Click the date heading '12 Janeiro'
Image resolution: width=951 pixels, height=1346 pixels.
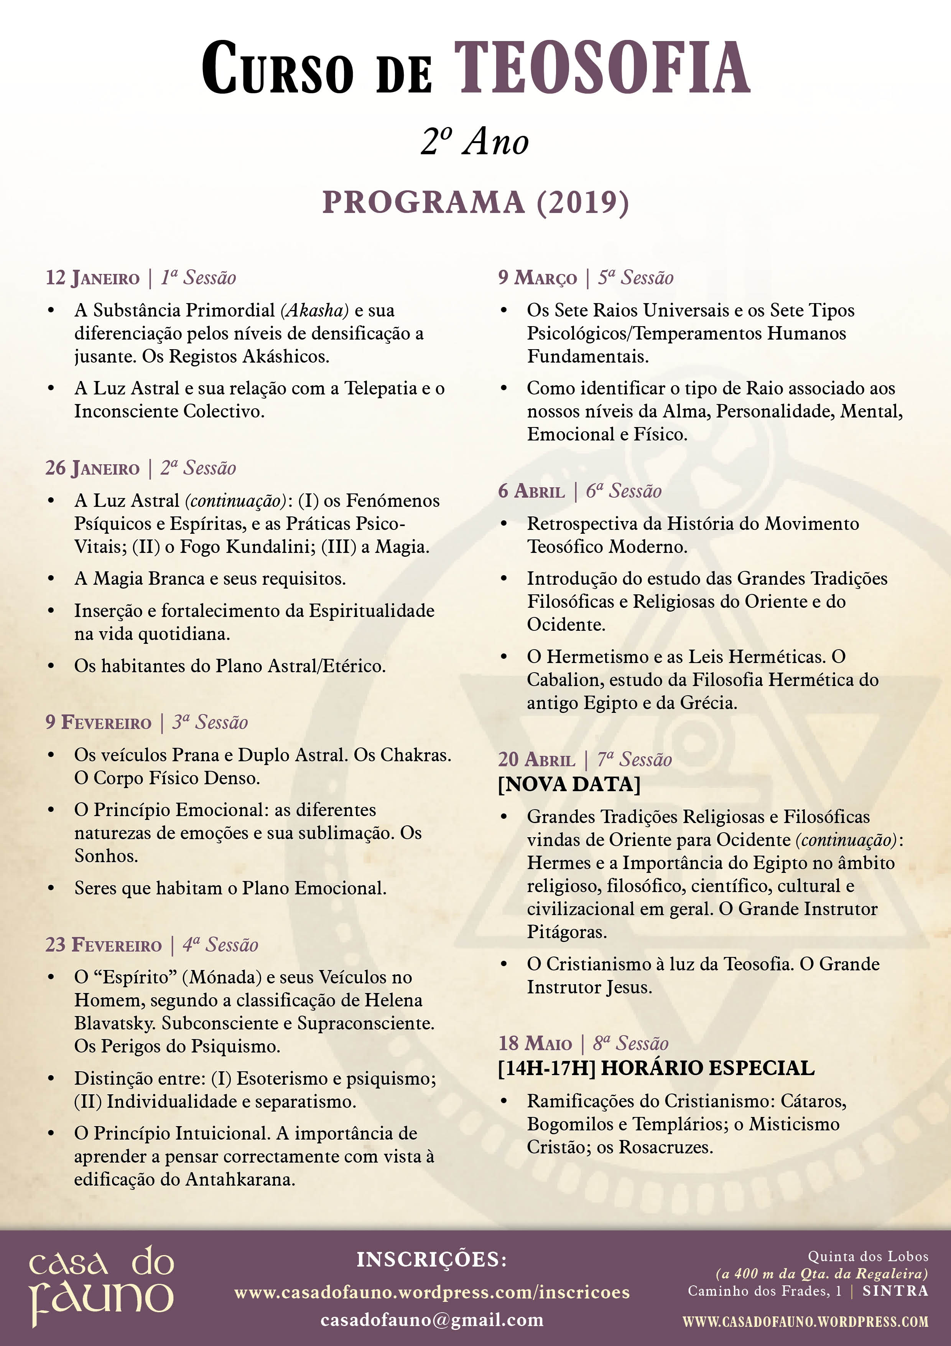pyautogui.click(x=92, y=278)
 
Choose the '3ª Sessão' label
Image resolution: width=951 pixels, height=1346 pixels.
pyautogui.click(x=210, y=722)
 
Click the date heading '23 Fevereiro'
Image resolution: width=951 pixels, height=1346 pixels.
pyautogui.click(x=103, y=945)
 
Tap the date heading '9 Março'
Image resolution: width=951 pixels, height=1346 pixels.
pyautogui.click(x=537, y=278)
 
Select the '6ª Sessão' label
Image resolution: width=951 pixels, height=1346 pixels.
pyautogui.click(x=624, y=491)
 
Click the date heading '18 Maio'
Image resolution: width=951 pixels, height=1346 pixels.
pyautogui.click(x=535, y=1044)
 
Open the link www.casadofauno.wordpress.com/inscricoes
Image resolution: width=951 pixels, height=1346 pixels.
pyautogui.click(x=432, y=1292)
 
